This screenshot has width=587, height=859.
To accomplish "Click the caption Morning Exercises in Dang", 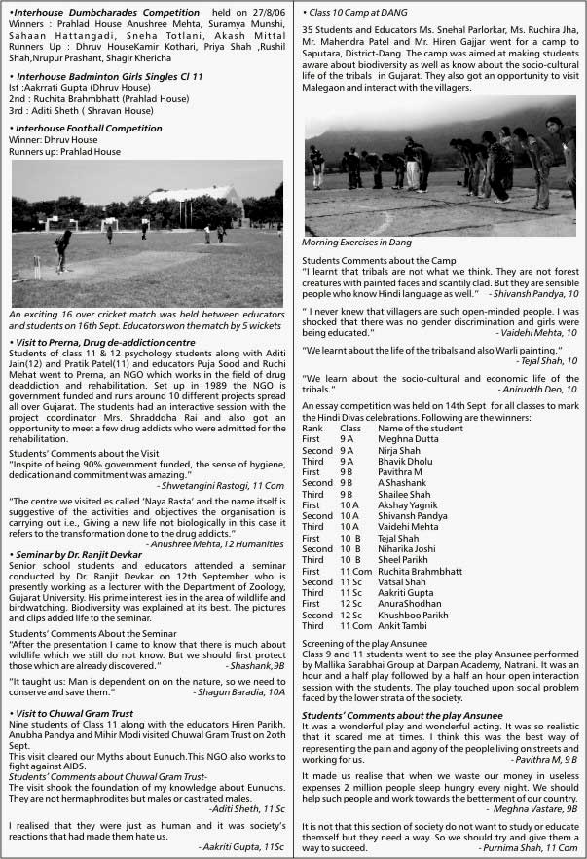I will pyautogui.click(x=356, y=242).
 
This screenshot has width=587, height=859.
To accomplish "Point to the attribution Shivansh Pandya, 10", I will pyautogui.click(x=533, y=292).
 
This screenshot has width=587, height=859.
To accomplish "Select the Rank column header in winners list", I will pyautogui.click(x=312, y=428).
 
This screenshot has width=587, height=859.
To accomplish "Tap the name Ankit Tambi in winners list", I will pyautogui.click(x=403, y=626).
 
